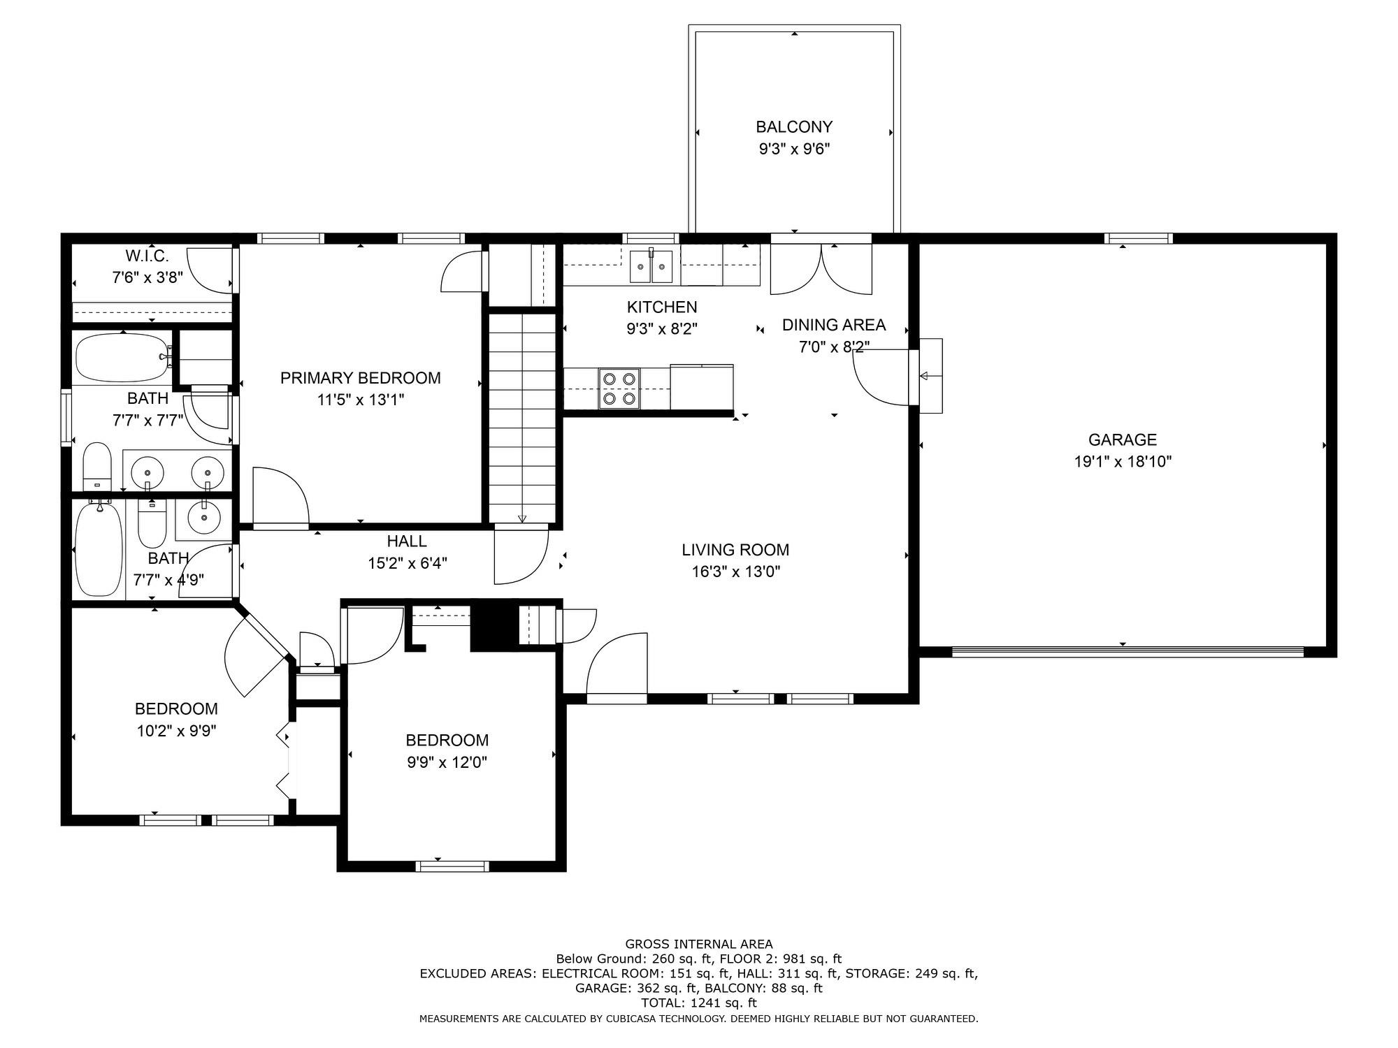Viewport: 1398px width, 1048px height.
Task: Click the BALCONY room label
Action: [794, 127]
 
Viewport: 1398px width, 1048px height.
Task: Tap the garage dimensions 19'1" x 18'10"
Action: [1123, 462]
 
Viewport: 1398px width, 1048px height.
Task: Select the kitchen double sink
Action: [651, 266]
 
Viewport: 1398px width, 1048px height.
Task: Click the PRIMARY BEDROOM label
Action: [360, 378]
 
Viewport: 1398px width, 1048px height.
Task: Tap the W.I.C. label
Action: [147, 256]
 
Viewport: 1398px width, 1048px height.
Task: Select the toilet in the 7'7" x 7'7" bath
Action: [97, 467]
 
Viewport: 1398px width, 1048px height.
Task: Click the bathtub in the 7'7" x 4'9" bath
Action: [99, 549]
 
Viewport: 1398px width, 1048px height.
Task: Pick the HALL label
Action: [407, 541]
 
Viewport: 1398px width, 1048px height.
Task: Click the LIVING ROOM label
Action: [735, 550]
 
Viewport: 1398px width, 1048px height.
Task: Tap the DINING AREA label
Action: [833, 325]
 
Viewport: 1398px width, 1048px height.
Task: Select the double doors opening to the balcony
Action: [821, 269]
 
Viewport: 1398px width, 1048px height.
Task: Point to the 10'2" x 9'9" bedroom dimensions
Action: [177, 732]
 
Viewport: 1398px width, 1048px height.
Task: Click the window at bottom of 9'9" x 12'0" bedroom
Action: [452, 866]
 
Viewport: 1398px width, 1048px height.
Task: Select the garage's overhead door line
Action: [1127, 652]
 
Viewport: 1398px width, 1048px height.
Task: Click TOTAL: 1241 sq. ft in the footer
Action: [698, 1003]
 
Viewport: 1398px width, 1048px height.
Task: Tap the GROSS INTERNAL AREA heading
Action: [698, 944]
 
